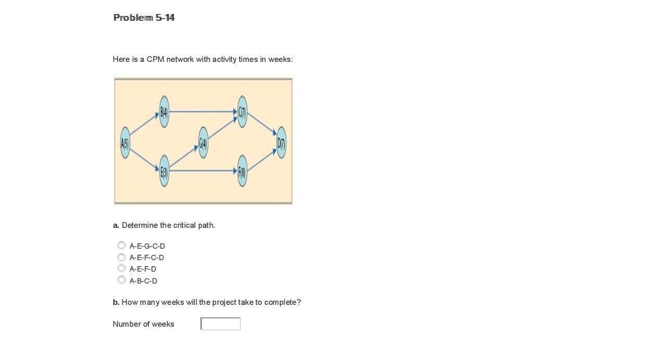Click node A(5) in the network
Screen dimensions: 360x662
pos(125,143)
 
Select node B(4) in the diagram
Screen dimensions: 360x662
pos(164,111)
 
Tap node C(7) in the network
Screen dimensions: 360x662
pos(242,111)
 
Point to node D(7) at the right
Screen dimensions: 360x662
pos(281,143)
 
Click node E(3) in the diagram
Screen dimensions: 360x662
pos(164,171)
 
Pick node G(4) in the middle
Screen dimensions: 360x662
pos(203,143)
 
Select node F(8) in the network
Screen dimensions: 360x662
pos(242,171)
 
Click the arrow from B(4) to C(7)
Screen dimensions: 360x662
pos(203,111)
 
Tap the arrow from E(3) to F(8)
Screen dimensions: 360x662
pos(203,171)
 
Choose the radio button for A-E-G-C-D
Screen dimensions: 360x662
pos(121,246)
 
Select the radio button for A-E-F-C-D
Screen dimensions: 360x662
pos(121,257)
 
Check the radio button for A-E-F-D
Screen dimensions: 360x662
pos(121,268)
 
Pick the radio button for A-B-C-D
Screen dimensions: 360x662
pos(121,280)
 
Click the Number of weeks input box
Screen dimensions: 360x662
pos(221,324)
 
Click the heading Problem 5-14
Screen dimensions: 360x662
pos(144,18)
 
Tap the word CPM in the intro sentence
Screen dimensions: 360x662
pos(155,59)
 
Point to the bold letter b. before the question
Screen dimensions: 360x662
pos(116,302)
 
